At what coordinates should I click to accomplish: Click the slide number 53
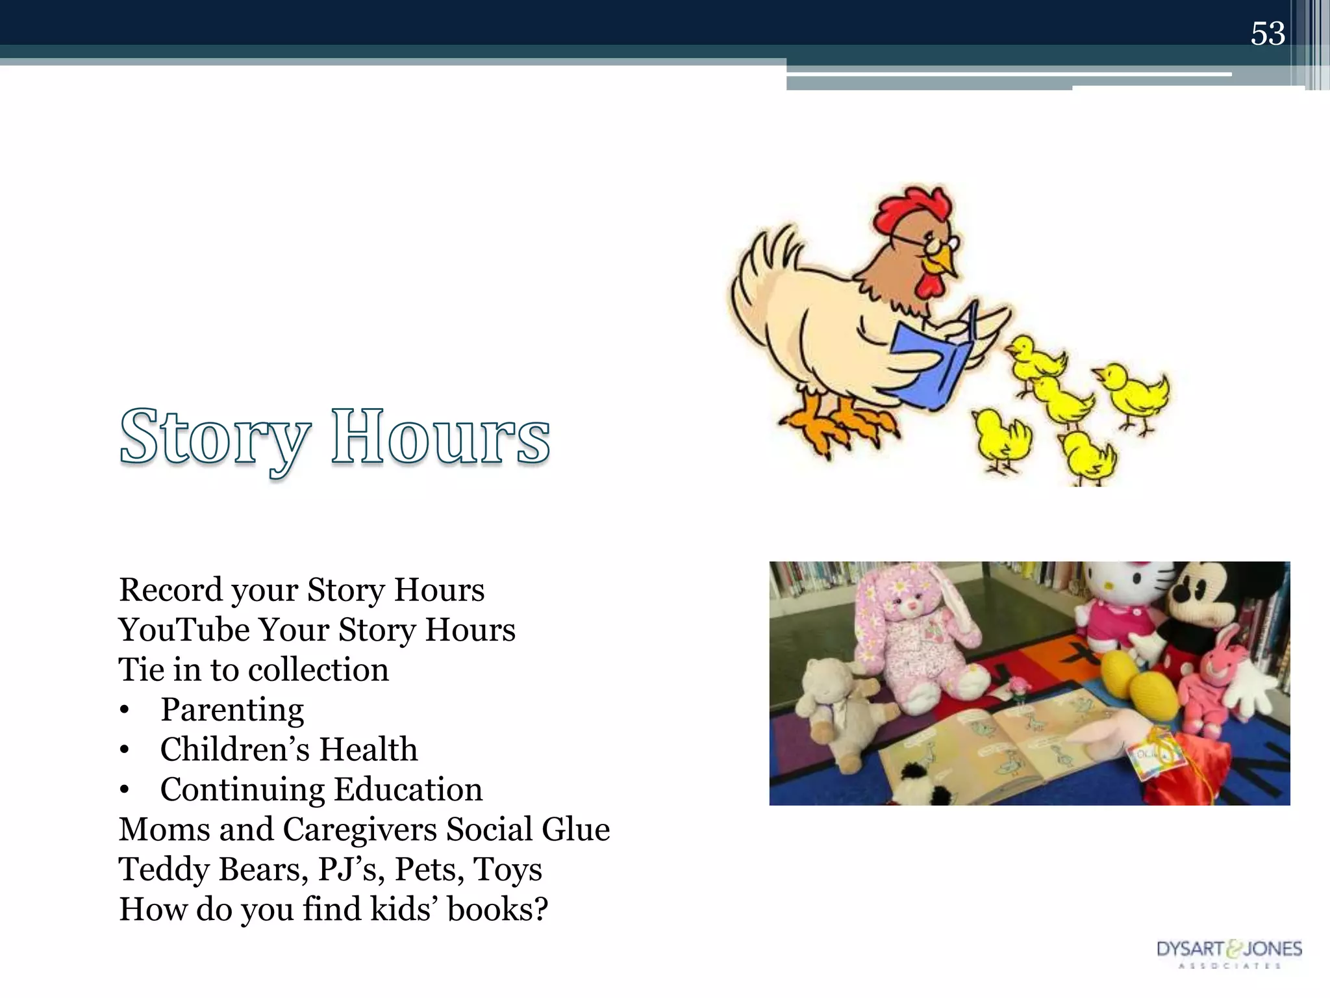tap(1267, 34)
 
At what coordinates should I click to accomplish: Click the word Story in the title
tap(214, 437)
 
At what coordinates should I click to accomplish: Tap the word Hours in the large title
tap(440, 437)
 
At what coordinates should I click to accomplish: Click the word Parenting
tap(232, 710)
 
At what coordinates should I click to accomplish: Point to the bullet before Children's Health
tap(125, 751)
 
